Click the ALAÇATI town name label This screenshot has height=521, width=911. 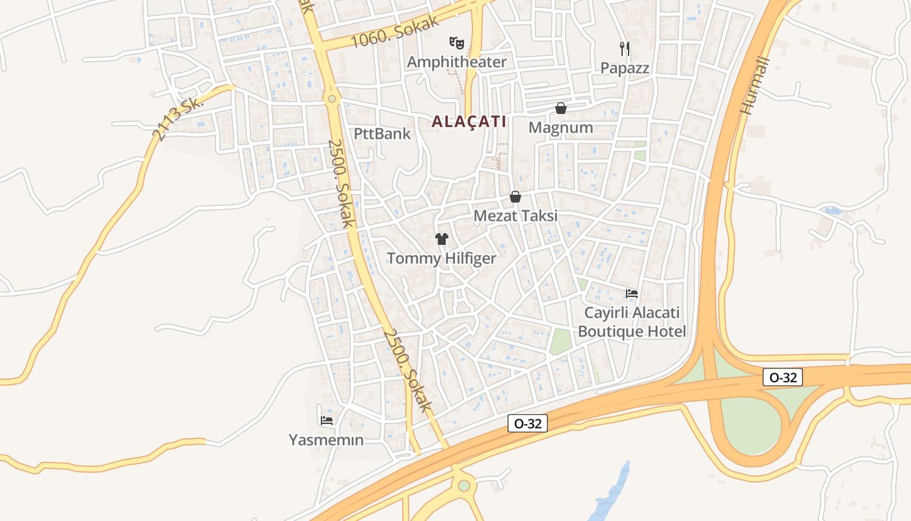(x=469, y=122)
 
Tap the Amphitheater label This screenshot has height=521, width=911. (x=456, y=62)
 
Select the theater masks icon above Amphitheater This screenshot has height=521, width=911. (x=456, y=43)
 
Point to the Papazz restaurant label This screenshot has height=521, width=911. (x=625, y=68)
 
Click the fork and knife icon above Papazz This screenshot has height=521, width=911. (x=625, y=48)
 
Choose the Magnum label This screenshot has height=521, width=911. (x=560, y=128)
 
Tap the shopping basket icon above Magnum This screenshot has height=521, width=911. (x=560, y=108)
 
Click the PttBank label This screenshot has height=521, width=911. (x=382, y=134)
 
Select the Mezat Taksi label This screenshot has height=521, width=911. (x=515, y=216)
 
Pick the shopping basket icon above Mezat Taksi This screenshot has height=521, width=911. (x=515, y=197)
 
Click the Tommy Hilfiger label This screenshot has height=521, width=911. (x=441, y=259)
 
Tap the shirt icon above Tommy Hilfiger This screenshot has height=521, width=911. (x=442, y=239)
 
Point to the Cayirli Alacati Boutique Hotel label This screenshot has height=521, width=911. (x=632, y=322)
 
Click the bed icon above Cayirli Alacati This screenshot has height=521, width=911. (x=631, y=294)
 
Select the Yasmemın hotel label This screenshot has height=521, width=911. (x=326, y=440)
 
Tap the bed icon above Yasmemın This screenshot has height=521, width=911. (x=327, y=421)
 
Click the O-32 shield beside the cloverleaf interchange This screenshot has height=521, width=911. (x=783, y=376)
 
